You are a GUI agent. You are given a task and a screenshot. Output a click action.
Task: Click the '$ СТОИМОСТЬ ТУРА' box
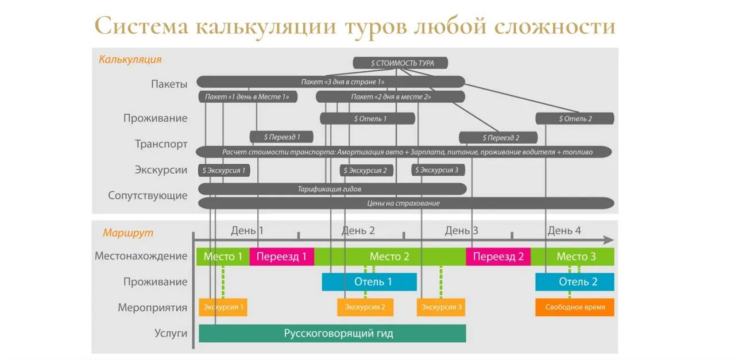click(x=400, y=63)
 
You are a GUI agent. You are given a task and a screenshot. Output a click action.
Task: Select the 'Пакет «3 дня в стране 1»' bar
click(x=330, y=82)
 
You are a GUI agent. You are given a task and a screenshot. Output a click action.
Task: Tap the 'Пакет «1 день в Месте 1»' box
click(x=247, y=97)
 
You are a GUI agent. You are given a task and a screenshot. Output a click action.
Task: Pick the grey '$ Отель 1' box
click(x=367, y=119)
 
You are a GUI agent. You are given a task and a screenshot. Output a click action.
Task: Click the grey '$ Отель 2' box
click(x=575, y=119)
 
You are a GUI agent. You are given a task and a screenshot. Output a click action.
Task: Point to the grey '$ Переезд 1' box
click(x=282, y=137)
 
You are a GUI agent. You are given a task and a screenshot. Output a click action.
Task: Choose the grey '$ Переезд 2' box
click(x=498, y=138)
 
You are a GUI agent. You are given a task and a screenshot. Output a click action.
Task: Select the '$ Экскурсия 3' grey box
click(x=438, y=170)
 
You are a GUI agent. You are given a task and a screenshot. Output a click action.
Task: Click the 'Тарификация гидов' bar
click(x=332, y=189)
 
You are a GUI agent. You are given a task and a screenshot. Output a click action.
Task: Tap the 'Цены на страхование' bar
click(x=405, y=203)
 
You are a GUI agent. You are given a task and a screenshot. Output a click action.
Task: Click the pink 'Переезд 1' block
click(x=281, y=257)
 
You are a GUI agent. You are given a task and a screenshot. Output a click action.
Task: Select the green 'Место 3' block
click(x=575, y=257)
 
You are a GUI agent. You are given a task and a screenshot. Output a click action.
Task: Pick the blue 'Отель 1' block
click(x=369, y=282)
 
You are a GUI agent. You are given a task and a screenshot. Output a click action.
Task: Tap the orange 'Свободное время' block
click(x=575, y=307)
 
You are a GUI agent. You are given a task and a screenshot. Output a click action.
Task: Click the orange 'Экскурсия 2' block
click(x=365, y=307)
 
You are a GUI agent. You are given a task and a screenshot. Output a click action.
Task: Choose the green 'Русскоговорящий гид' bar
click(x=332, y=334)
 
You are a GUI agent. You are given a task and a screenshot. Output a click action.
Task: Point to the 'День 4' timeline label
click(x=564, y=231)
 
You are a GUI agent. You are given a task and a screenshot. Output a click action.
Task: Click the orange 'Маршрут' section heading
click(x=128, y=233)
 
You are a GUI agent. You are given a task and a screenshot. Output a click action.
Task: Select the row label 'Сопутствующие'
click(x=148, y=196)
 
